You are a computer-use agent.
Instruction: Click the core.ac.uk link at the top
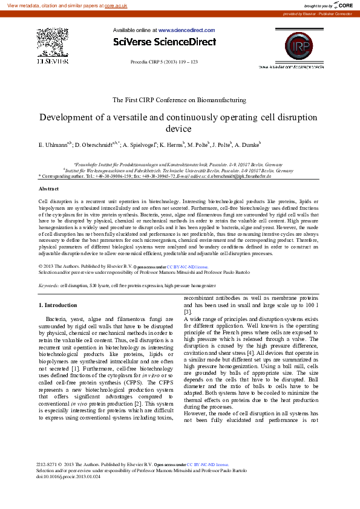(x=116, y=5)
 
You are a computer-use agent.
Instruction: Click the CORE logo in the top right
(x=342, y=5)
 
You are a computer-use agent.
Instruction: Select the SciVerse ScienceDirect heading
(x=164, y=42)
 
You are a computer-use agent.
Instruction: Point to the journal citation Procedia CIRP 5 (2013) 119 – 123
(x=164, y=62)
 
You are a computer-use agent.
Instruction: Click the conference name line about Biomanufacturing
(x=180, y=99)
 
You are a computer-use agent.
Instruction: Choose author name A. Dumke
(x=246, y=146)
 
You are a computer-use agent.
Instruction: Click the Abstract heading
(x=48, y=189)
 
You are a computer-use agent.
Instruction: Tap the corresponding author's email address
(x=239, y=175)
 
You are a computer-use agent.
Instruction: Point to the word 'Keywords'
(x=48, y=284)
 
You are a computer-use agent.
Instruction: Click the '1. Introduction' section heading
(x=57, y=305)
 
